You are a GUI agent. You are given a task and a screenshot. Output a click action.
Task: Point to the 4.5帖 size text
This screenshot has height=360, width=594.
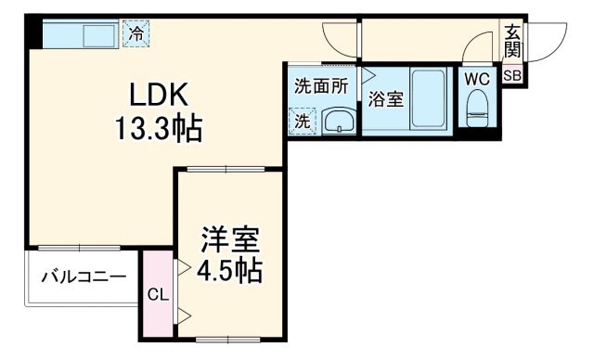(232, 272)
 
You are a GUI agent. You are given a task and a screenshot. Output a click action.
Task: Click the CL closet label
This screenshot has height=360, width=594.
(158, 295)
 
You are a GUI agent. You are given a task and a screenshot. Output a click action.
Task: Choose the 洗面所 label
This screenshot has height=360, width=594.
(321, 86)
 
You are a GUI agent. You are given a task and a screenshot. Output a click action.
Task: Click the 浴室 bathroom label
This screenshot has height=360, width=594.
(385, 98)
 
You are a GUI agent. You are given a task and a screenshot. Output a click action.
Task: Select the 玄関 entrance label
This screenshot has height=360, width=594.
(512, 42)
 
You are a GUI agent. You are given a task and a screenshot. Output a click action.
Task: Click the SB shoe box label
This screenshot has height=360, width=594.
(512, 77)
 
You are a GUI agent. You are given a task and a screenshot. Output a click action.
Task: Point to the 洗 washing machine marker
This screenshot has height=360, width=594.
(302, 121)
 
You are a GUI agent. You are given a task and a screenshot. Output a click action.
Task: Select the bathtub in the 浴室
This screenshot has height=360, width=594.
(429, 99)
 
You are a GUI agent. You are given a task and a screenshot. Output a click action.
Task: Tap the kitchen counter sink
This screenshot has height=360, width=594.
(95, 34)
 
